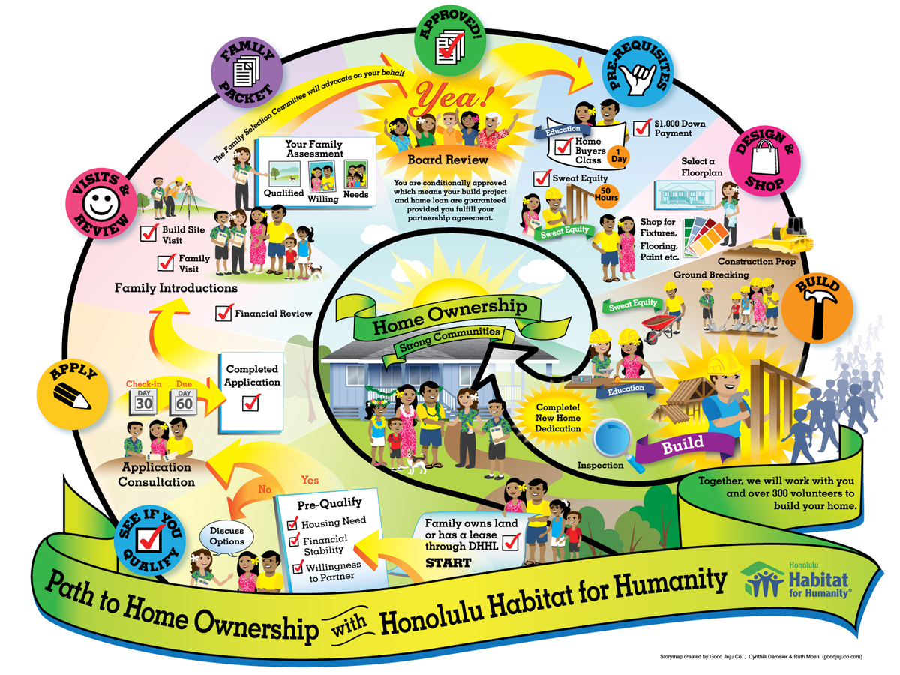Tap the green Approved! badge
[x=450, y=40]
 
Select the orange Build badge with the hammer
[x=817, y=307]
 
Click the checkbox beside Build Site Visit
[x=148, y=232]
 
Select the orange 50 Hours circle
[x=605, y=195]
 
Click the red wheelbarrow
[x=659, y=327]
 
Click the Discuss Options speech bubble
[x=226, y=536]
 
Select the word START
[x=448, y=563]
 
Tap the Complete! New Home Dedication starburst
[x=558, y=418]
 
